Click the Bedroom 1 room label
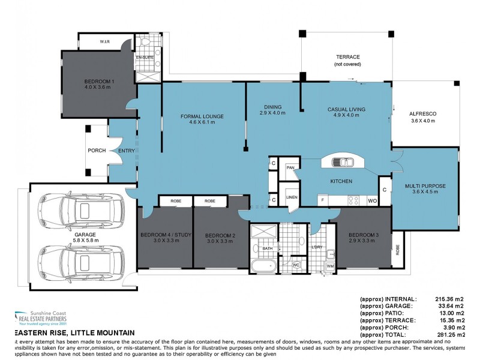tap(100, 84)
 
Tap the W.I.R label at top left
tap(104, 42)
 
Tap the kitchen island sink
tap(341, 161)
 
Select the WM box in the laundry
tap(330, 266)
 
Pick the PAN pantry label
tap(290, 169)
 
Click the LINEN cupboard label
tap(292, 197)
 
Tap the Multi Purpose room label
tap(425, 189)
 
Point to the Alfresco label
tap(422, 117)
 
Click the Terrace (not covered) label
tap(347, 60)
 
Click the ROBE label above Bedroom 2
tap(209, 201)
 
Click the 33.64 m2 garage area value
tap(449, 305)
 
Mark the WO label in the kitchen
tap(373, 200)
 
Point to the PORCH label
tap(97, 151)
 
